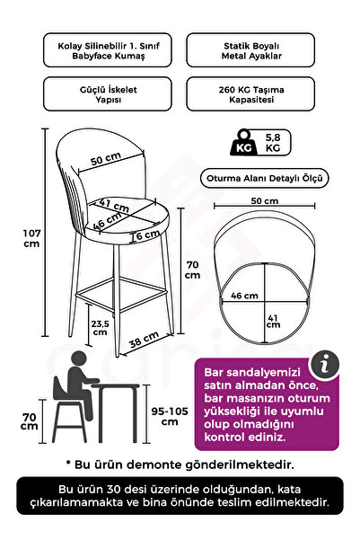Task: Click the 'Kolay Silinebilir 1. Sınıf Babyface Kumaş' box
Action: tap(108, 50)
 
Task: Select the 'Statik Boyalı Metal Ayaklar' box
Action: tap(250, 50)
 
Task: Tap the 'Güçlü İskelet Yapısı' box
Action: tap(108, 94)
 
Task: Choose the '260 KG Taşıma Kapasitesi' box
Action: tap(250, 94)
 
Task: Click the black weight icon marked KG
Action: tap(243, 143)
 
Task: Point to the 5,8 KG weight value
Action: tap(273, 143)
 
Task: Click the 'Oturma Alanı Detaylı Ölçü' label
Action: tap(264, 179)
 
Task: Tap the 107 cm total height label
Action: tap(31, 238)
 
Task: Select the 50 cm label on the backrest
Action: tap(106, 159)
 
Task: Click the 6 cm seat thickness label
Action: tap(147, 235)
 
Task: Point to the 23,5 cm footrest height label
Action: tap(100, 328)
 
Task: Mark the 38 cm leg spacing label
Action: tap(144, 340)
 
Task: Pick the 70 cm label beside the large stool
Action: tap(192, 270)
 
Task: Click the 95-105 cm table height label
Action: tap(170, 416)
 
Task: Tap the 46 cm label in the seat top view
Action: tap(244, 296)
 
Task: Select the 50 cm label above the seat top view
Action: tap(264, 200)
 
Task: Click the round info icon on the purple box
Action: tap(325, 365)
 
